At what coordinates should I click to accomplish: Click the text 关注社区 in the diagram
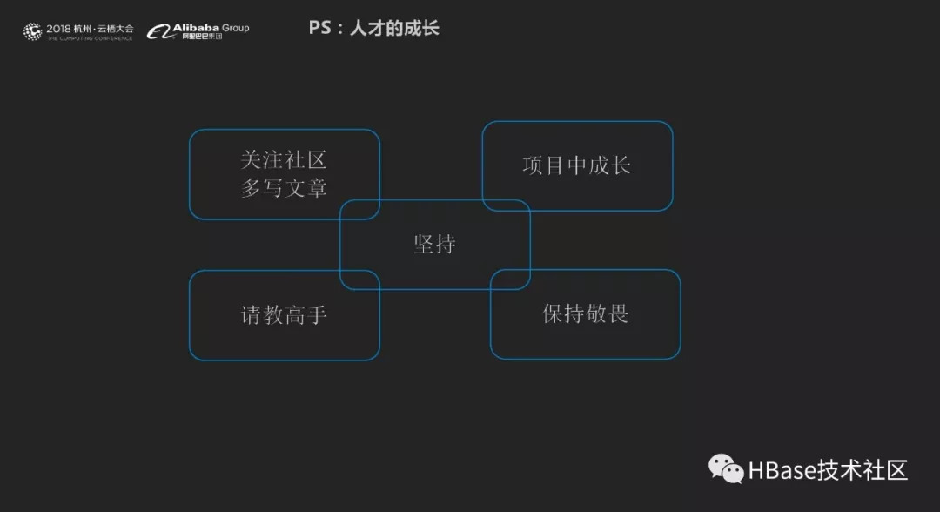click(284, 160)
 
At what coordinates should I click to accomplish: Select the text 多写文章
click(284, 187)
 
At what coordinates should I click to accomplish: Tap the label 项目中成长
click(576, 165)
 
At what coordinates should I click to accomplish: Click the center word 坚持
click(434, 244)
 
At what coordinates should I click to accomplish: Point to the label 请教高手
click(284, 314)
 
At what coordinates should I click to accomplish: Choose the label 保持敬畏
click(585, 313)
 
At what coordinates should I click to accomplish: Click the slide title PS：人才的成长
click(373, 28)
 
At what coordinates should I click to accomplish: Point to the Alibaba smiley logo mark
click(158, 32)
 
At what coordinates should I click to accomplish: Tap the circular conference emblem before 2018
click(32, 32)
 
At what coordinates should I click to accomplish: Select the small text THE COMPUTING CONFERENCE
click(90, 38)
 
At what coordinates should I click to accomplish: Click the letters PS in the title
click(319, 28)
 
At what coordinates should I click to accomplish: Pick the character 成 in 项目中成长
click(598, 165)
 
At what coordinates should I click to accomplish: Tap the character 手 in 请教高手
click(316, 314)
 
